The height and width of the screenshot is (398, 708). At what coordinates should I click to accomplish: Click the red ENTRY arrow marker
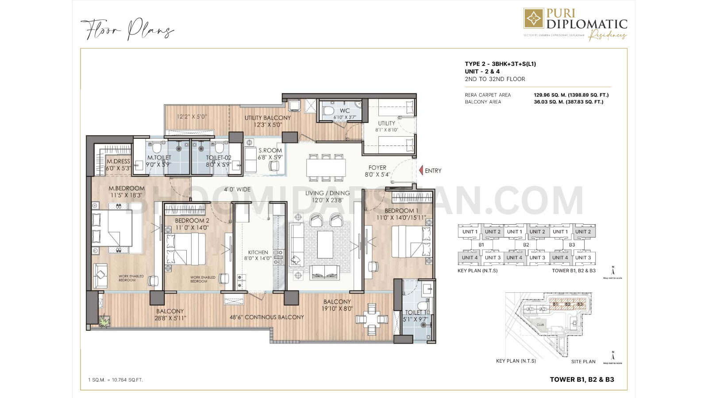tap(421, 170)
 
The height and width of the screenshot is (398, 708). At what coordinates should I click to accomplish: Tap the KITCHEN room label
tap(258, 252)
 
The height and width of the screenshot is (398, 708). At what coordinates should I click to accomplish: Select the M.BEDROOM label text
tap(127, 188)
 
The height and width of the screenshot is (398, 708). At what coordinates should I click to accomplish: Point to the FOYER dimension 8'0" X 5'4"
tap(377, 175)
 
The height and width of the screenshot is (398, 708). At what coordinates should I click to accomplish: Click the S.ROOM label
tap(270, 150)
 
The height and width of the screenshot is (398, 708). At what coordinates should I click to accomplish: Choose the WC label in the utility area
tap(345, 111)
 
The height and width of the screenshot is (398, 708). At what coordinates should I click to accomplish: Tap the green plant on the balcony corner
tap(104, 322)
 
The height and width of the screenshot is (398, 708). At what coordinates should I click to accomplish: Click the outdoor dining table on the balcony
tap(372, 318)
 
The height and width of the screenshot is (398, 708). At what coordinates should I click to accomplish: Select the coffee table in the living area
tap(326, 245)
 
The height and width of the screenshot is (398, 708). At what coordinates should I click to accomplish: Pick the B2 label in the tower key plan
tap(526, 245)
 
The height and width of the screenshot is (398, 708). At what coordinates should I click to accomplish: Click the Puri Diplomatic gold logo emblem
tap(534, 18)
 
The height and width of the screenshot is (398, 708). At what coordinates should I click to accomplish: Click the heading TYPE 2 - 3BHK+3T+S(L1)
tap(500, 64)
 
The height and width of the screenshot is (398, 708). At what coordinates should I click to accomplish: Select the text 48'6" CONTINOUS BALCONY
tap(266, 317)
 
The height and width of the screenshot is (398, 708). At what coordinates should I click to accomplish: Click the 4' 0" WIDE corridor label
tap(237, 189)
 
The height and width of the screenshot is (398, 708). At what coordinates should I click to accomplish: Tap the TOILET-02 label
tap(218, 158)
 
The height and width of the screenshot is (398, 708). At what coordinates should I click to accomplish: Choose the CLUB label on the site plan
tap(540, 325)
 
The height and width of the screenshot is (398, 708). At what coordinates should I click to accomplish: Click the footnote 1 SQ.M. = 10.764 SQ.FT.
tap(115, 380)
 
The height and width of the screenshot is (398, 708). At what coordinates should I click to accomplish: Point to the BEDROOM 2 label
tap(192, 221)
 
